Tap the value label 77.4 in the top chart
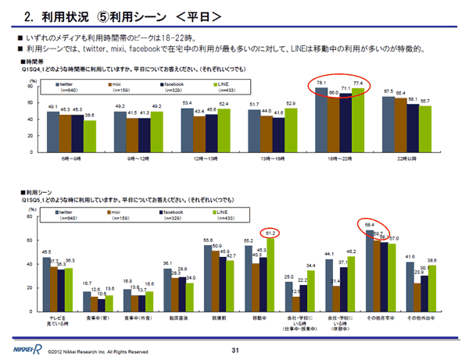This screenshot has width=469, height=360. (x=358, y=84)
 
